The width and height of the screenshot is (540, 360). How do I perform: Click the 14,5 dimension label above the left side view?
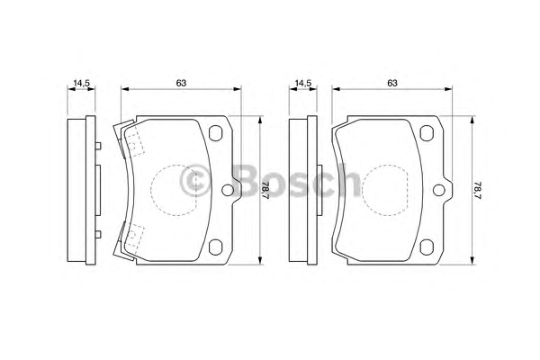82,83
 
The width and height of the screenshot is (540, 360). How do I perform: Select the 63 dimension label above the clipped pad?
181,83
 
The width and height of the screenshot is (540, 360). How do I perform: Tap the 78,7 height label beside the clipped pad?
265,190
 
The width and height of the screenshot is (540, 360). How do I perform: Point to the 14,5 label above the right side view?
303,83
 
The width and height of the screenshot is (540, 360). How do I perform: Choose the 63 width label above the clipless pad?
392,83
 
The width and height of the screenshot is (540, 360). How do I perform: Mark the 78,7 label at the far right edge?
477,190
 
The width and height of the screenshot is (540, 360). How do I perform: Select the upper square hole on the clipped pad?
216,133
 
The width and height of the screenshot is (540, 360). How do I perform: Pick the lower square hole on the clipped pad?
216,247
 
